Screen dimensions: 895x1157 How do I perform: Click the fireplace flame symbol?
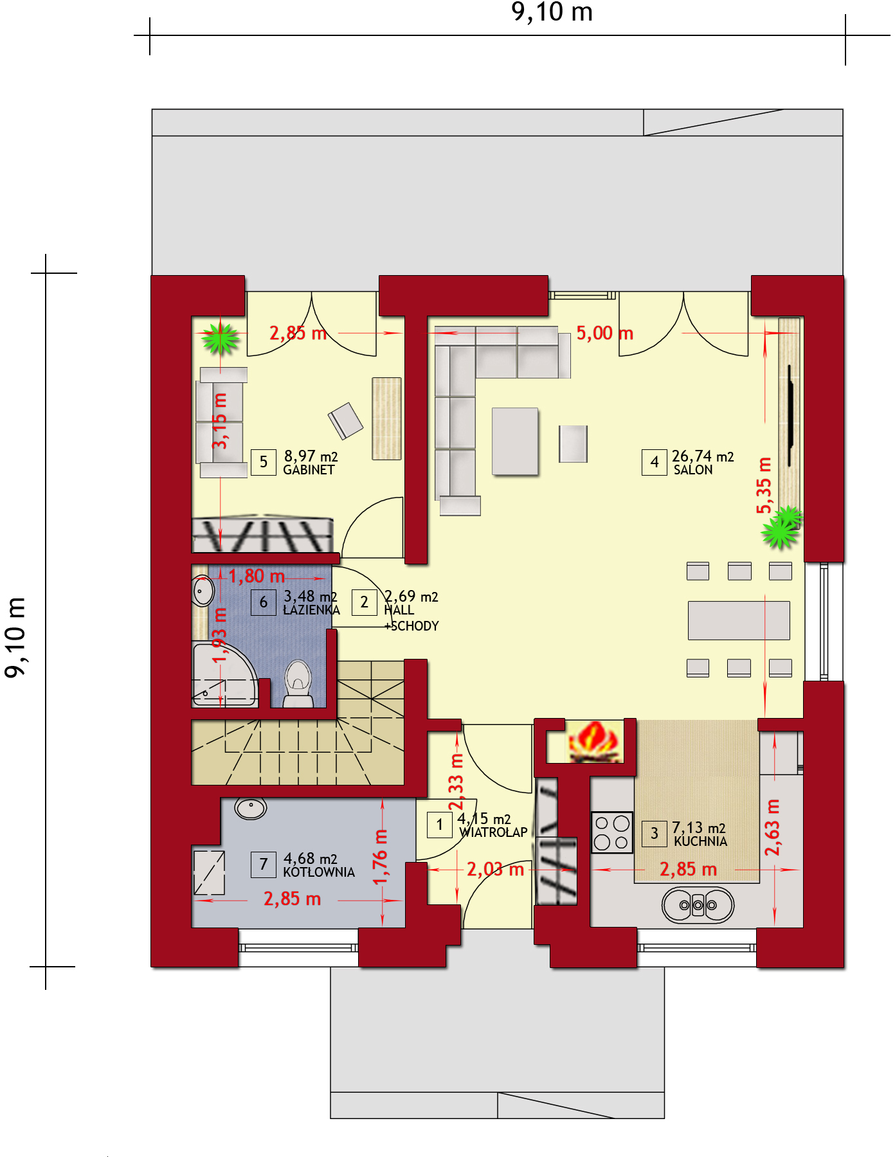point(594,742)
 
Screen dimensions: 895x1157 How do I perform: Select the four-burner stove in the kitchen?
point(611,832)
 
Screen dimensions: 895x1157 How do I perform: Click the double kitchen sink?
point(698,905)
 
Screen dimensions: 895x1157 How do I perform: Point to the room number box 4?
point(654,462)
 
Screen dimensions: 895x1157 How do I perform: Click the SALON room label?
point(693,470)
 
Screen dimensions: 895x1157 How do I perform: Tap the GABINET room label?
point(309,470)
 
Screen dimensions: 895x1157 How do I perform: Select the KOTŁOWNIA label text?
point(319,872)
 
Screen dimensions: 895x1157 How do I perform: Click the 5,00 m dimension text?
point(604,333)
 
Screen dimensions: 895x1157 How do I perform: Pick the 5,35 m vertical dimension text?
point(763,485)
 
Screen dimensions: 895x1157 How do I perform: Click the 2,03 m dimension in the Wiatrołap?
point(495,870)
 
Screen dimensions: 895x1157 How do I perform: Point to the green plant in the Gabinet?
point(220,338)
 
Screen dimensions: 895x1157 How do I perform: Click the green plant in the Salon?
point(782,528)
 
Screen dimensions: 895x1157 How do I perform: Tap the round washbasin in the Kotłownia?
point(251,808)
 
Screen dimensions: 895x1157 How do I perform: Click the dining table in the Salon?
point(739,620)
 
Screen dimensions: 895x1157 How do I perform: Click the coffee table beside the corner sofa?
point(515,442)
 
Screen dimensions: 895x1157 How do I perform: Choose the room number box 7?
point(263,865)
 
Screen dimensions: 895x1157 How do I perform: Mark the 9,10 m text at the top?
point(552,12)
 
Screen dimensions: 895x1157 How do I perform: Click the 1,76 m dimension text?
point(381,857)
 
